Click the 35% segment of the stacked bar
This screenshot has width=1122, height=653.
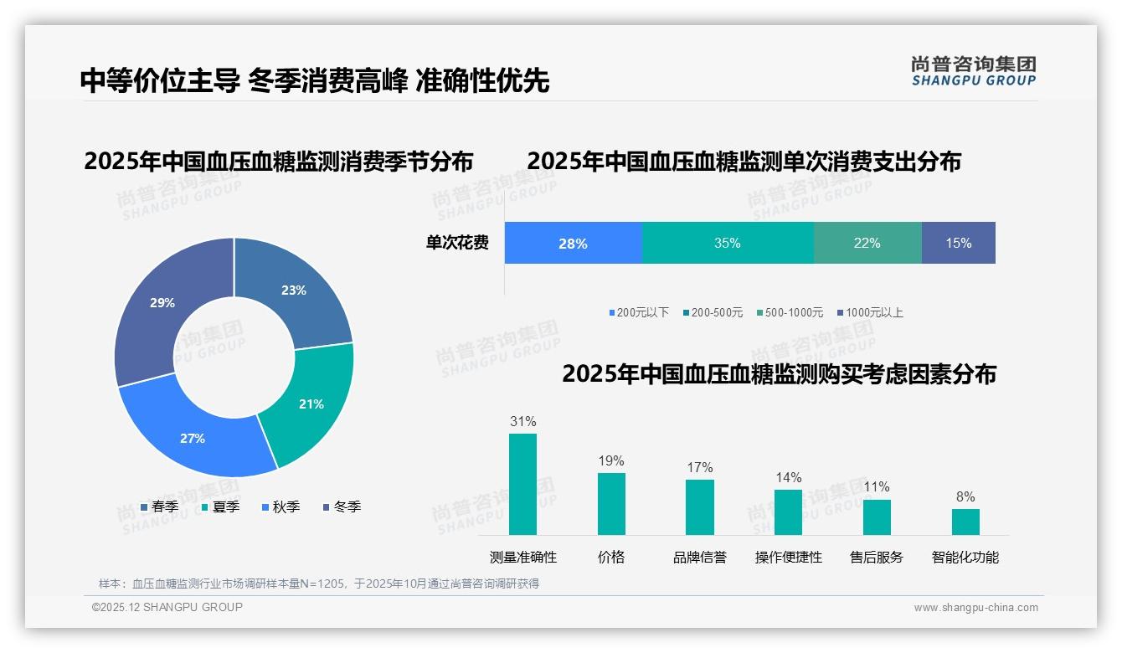click(728, 243)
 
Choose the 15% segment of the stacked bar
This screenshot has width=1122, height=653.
click(959, 243)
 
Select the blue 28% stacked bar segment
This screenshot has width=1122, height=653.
click(573, 243)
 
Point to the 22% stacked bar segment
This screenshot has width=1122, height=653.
click(867, 243)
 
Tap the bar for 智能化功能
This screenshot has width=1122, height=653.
click(965, 522)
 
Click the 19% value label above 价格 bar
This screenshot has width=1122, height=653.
click(611, 460)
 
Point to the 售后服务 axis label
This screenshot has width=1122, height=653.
click(877, 557)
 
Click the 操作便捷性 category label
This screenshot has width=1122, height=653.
click(788, 557)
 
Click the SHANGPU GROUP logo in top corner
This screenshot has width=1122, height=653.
click(974, 71)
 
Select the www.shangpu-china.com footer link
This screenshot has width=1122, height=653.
click(975, 607)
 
